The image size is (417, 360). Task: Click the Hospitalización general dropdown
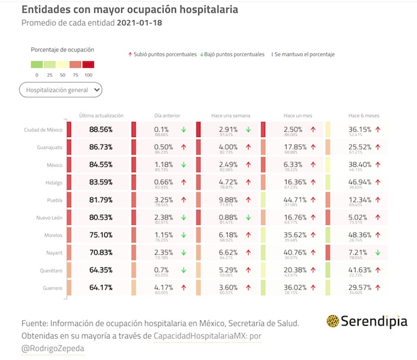pos(60,90)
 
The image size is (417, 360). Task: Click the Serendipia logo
pos(367,321)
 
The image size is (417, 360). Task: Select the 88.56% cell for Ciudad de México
pos(101,129)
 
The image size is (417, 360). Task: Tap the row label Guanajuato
pos(49,147)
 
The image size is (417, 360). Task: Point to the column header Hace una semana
pos(231,115)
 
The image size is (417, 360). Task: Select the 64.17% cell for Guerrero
pos(101,288)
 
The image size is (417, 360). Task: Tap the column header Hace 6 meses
pos(363,115)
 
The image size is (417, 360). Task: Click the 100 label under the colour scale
pos(88,75)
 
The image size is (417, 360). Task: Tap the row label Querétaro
pos(49,271)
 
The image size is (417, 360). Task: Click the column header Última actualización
pos(101,115)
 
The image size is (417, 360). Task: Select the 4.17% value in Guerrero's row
pos(164,288)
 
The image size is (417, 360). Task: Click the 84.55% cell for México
pos(101,164)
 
